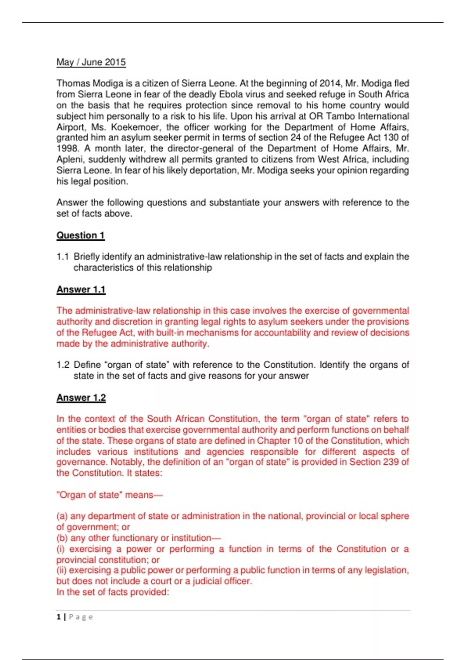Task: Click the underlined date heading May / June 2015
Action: coord(91,62)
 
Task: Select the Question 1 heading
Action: coord(80,235)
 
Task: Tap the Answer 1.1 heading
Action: coord(81,289)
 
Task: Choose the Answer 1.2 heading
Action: coord(81,398)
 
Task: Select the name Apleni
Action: coord(69,160)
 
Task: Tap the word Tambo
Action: coord(341,116)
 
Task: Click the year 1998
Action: coord(67,148)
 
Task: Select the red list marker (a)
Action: coord(62,516)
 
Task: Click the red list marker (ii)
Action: coord(62,570)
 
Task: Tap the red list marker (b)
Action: coord(62,538)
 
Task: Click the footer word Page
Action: coord(81,617)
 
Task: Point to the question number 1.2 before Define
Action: coord(63,365)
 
